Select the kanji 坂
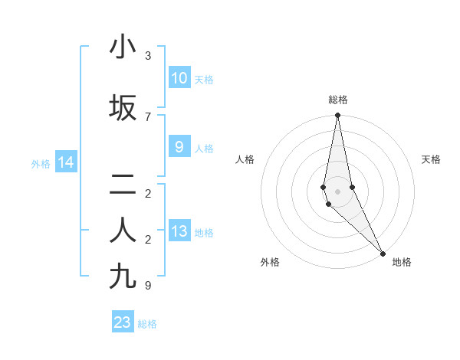[x=123, y=108]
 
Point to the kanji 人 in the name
[x=123, y=231]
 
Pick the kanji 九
[x=123, y=277]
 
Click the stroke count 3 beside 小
[x=148, y=56]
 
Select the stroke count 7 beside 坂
[x=148, y=117]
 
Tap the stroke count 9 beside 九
[x=148, y=286]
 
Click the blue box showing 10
[x=179, y=78]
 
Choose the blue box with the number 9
[x=179, y=147]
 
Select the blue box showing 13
[x=179, y=231]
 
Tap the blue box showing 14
[x=65, y=162]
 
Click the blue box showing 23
[x=123, y=322]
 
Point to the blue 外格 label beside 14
[x=41, y=163]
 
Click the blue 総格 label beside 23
[x=147, y=324]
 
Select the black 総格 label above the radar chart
[x=338, y=100]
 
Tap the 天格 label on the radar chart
[x=432, y=159]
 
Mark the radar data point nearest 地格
[x=383, y=252]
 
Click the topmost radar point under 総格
[x=337, y=116]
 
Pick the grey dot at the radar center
[x=337, y=191]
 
